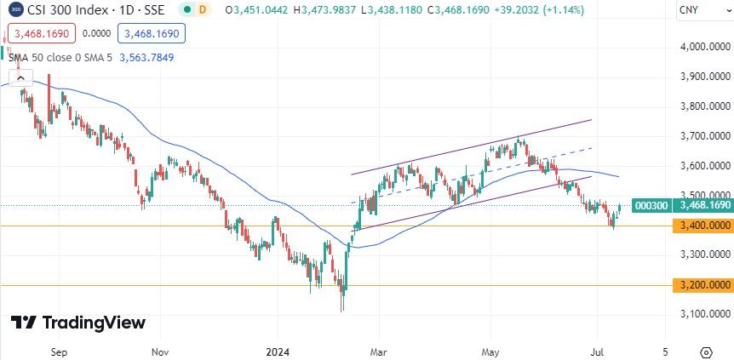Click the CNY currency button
pos(691,11)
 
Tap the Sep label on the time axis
pos(59,351)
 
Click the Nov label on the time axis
pos(159,351)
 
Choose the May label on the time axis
pos(490,351)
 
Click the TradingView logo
pos(77,323)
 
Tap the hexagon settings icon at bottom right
pos(706,351)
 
